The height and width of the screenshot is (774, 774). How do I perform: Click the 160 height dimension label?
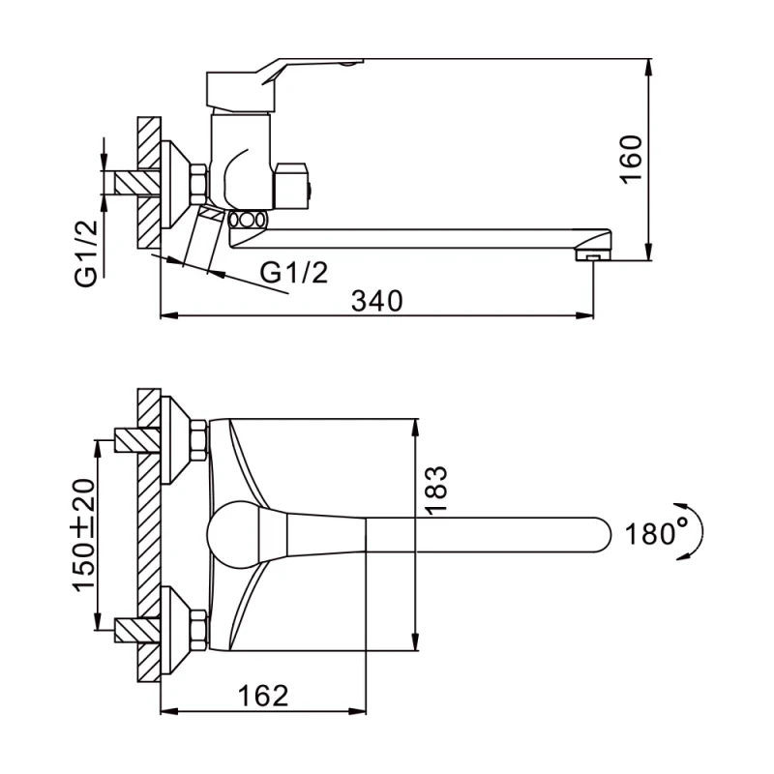(x=632, y=159)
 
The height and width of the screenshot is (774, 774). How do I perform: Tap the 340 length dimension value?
(x=377, y=301)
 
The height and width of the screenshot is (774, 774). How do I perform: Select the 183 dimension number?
(x=436, y=490)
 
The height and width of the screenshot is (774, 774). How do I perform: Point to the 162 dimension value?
(x=263, y=695)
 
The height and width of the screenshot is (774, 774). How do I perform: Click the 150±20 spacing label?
(x=83, y=535)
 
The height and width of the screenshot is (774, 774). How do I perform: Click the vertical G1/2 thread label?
(x=86, y=253)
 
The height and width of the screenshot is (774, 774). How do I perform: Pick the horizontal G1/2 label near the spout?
(x=294, y=272)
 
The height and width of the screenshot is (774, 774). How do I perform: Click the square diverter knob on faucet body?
(x=291, y=186)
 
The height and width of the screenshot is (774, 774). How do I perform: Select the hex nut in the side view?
(x=198, y=185)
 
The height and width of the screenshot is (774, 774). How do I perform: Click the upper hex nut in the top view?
(x=198, y=440)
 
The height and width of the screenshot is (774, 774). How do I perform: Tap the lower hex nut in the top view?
(x=198, y=630)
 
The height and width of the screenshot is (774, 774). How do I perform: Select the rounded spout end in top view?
(x=600, y=535)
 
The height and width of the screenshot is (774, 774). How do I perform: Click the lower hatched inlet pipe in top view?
(x=136, y=630)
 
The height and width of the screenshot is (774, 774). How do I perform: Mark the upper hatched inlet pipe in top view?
(x=136, y=440)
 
